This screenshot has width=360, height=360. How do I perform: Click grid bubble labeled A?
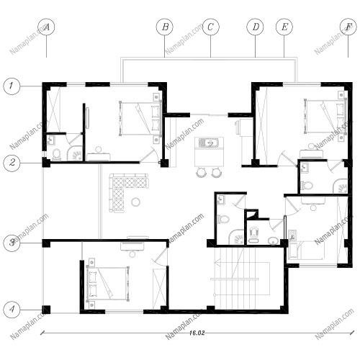[46, 27]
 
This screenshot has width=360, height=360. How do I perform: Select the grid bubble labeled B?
[165, 27]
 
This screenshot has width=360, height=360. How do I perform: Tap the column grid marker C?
[211, 27]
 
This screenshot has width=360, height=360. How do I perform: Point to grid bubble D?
[255, 27]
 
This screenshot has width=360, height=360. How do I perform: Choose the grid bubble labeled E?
[284, 27]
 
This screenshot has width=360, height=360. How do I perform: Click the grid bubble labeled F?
[348, 27]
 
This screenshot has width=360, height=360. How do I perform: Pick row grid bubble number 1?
[12, 86]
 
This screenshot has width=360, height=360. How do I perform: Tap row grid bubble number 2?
[12, 163]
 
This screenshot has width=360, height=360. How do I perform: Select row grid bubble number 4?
[12, 310]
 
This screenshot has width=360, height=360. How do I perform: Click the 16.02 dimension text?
[197, 333]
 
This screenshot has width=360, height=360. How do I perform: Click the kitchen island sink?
[209, 143]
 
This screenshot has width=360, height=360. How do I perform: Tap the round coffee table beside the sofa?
[136, 202]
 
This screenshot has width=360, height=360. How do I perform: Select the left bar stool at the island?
[201, 172]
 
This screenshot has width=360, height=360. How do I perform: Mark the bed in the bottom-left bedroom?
[107, 283]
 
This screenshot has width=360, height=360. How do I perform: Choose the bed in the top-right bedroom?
[325, 117]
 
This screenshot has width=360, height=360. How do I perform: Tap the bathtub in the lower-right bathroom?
[307, 251]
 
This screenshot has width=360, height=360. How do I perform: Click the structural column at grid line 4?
[46, 310]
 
